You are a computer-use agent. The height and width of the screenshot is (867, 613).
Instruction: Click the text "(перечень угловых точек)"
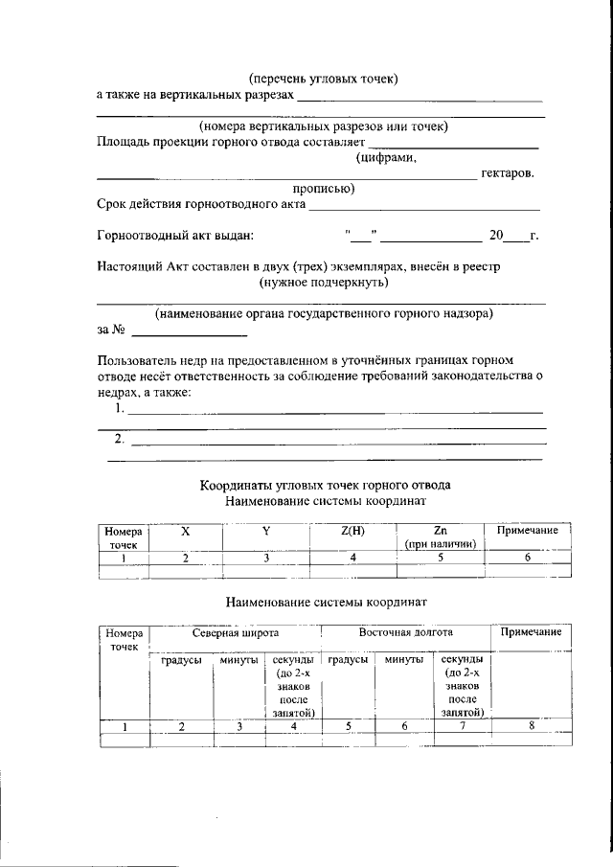[x=323, y=78]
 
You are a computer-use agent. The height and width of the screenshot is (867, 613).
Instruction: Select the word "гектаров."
[x=507, y=172]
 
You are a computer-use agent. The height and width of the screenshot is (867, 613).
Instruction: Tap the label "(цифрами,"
[x=386, y=157]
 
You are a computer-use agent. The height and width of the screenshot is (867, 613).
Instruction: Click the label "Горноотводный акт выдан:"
[x=176, y=236]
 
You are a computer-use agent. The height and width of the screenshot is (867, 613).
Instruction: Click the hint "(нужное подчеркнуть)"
[x=323, y=283]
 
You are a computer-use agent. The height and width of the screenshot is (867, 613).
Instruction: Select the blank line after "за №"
[x=189, y=334]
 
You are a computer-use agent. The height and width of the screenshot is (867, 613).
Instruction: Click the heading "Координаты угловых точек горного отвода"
[x=324, y=485]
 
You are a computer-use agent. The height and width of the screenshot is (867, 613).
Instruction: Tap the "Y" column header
[x=265, y=531]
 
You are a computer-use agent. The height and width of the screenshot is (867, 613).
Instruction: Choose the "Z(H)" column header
[x=352, y=531]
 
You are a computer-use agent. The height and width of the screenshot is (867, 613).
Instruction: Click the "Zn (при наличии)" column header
[x=441, y=537]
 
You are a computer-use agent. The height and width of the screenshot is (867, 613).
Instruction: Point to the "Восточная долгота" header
[x=405, y=633]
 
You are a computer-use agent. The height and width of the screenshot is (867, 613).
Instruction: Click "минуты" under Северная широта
[x=238, y=660]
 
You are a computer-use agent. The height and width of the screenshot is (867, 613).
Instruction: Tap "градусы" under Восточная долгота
[x=349, y=660]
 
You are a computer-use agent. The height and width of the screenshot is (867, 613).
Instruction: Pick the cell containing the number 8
[x=531, y=726]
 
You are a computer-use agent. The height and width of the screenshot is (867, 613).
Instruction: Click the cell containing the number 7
[x=463, y=726]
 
